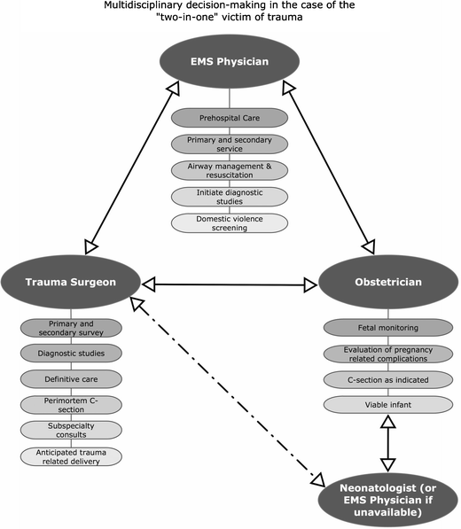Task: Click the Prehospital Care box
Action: [230, 117]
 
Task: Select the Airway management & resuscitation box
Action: [230, 172]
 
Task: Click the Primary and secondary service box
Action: [230, 144]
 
